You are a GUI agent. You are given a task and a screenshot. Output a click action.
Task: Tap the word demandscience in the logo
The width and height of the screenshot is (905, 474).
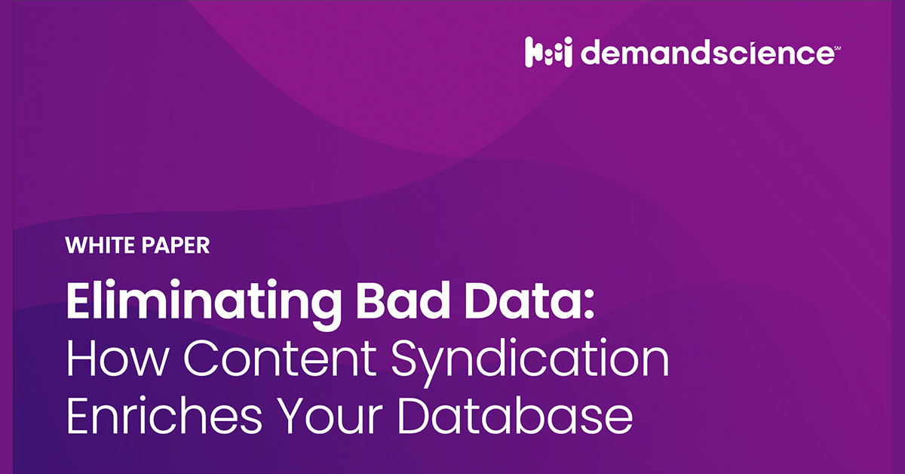706,54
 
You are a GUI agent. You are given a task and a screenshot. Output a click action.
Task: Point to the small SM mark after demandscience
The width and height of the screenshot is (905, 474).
836,48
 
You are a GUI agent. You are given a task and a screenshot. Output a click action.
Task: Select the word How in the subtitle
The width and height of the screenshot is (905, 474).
118,360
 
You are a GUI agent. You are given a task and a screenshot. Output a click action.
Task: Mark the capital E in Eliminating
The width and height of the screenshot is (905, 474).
80,301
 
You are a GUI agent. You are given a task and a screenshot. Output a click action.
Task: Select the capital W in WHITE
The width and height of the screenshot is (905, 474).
75,245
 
